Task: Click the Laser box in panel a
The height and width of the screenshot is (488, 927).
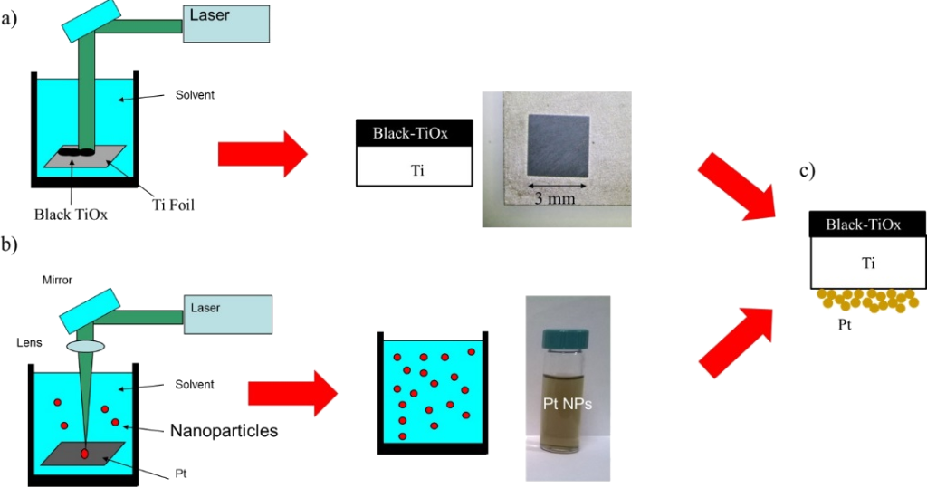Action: (225, 23)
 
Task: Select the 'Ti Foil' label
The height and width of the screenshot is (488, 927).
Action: (169, 205)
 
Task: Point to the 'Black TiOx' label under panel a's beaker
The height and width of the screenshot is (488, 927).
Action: (71, 215)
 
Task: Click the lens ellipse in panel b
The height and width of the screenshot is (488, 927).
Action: (86, 347)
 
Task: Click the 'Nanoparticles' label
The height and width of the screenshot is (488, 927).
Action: (224, 431)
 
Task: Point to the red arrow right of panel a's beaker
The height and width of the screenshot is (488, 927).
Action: (263, 154)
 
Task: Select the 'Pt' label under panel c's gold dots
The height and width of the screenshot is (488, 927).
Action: (846, 320)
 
